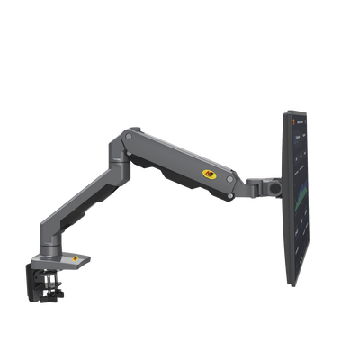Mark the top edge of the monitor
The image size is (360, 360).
[296, 110]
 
